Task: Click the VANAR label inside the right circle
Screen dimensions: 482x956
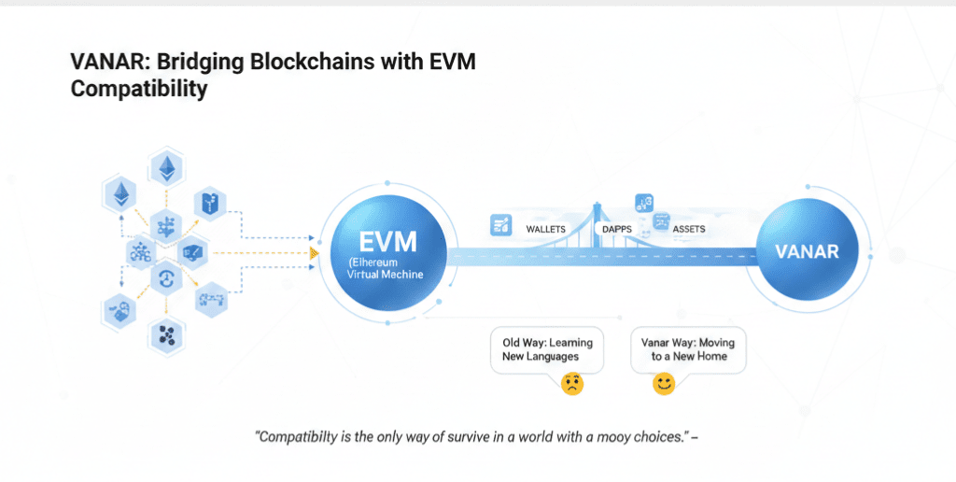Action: [x=807, y=251]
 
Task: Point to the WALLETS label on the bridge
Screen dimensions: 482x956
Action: [x=546, y=228]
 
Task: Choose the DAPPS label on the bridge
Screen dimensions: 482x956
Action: [x=617, y=228]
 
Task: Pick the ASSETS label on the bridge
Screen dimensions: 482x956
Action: [x=688, y=228]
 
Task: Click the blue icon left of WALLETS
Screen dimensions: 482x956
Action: [x=499, y=224]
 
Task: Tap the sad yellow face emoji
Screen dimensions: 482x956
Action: [x=571, y=384]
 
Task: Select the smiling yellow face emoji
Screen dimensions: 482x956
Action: [x=664, y=384]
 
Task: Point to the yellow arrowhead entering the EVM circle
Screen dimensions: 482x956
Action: [x=315, y=252]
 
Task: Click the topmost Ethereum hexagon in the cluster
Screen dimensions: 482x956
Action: [x=169, y=169]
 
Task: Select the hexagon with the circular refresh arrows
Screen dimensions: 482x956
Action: [x=167, y=277]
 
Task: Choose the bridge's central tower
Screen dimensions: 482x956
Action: [x=596, y=224]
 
